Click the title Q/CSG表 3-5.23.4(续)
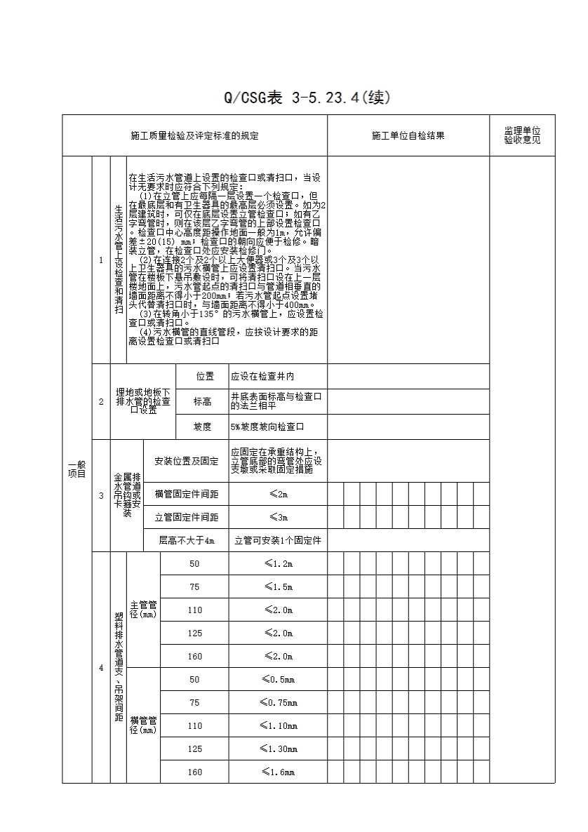tap(306, 98)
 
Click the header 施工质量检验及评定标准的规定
tap(194, 136)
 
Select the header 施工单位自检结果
tap(408, 136)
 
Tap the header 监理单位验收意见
tap(522, 136)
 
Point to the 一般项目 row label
tap(76, 469)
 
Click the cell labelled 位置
tap(203, 377)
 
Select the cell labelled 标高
tap(203, 401)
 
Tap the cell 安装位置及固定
tap(186, 461)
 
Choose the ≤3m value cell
tap(278, 518)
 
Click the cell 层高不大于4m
tap(186, 540)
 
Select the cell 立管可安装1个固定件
tap(277, 540)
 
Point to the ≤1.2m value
tap(278, 564)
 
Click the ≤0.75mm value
tap(278, 702)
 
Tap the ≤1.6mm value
tap(278, 772)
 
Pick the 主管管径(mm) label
tap(143, 610)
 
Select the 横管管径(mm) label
tap(143, 725)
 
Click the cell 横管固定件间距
tap(186, 495)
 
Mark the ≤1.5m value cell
tap(278, 587)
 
